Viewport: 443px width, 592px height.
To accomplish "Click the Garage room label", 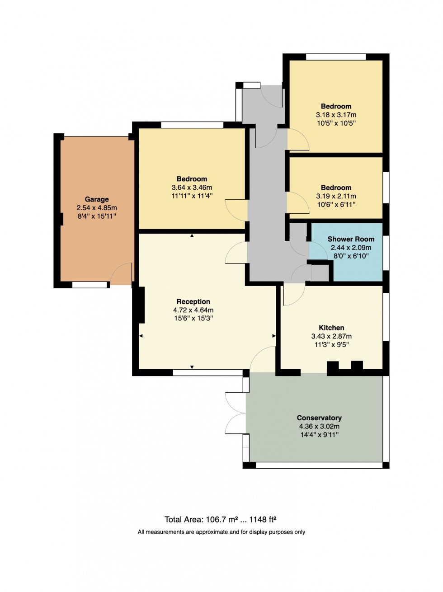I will coord(97,199).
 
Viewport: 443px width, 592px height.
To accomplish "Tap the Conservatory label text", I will coord(319,418).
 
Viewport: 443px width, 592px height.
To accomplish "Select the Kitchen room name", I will coord(331,328).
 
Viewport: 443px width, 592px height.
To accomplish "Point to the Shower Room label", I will coord(351,239).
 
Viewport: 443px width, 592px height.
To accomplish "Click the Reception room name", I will coord(193,301).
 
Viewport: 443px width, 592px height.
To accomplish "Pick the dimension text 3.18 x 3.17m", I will coord(336,115).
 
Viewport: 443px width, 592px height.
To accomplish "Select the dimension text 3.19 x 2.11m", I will coord(336,196).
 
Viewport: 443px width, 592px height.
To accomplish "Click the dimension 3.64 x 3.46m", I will coord(192,188).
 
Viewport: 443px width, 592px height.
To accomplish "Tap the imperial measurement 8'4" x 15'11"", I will coord(97,216).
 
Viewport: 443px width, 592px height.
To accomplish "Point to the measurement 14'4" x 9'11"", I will coord(319,435).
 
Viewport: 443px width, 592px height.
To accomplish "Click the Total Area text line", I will coord(221,520).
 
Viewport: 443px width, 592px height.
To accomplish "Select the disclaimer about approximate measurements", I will coord(221,532).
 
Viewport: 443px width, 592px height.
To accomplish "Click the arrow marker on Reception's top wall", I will coord(192,235).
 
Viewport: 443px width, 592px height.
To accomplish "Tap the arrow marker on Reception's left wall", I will coord(141,336).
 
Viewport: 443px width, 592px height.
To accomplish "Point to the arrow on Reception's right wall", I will coord(274,336).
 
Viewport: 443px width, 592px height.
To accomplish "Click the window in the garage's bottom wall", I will coord(90,285).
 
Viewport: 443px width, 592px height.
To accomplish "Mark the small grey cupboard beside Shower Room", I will coord(320,273).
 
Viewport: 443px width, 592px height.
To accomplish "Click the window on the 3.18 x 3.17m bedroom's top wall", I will coord(336,57).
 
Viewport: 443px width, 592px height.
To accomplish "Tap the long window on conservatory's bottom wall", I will coord(319,465).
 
